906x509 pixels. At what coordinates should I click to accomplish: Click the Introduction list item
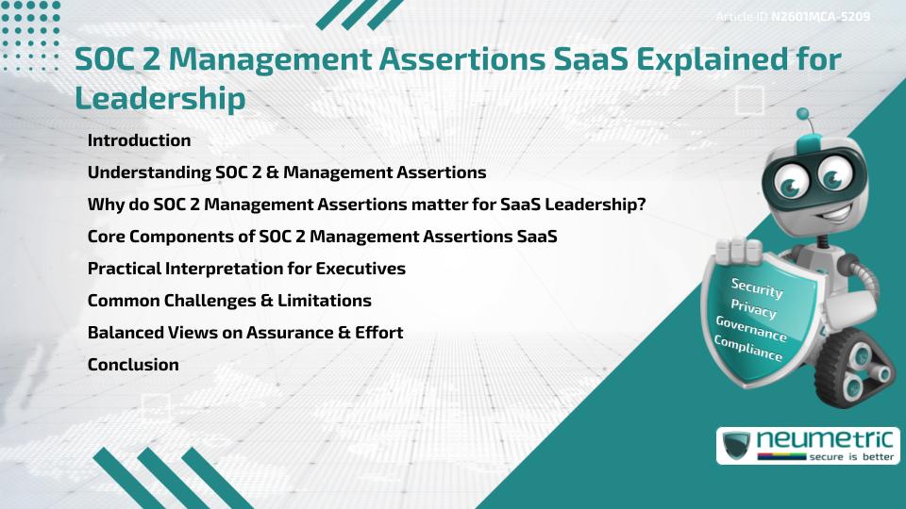tap(139, 140)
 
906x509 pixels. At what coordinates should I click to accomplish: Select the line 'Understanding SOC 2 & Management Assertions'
tap(286, 172)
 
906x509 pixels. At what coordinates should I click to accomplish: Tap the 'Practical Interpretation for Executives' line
tap(246, 269)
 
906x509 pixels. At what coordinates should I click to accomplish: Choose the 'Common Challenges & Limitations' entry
tap(229, 301)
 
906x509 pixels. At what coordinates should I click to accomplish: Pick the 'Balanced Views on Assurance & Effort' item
tap(245, 333)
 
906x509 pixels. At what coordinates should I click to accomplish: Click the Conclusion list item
tap(133, 365)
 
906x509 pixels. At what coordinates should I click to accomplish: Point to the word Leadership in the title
tap(159, 97)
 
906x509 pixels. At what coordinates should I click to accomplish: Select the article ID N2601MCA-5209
tap(820, 17)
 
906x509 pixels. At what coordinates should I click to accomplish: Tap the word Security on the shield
tap(757, 288)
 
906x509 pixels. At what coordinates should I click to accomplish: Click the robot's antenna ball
tap(804, 114)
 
